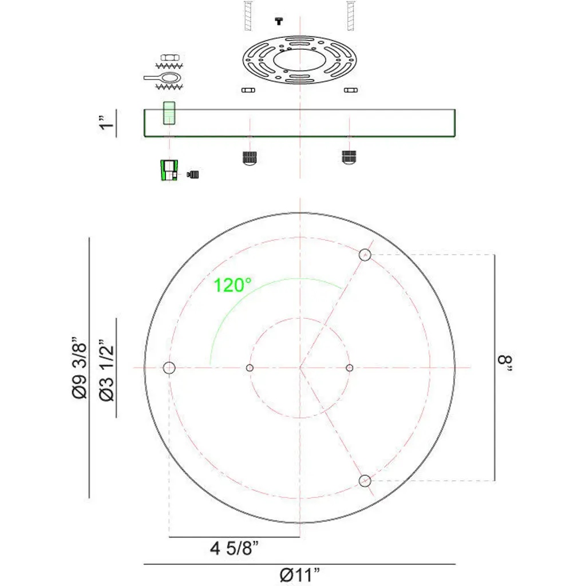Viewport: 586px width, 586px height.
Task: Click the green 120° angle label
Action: tap(232, 285)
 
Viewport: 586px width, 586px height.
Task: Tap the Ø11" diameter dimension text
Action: tap(300, 575)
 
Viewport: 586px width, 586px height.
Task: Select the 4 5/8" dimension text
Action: tap(234, 548)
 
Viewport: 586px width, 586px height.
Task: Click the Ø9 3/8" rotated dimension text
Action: tap(80, 368)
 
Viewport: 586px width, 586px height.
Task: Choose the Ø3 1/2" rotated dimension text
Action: tap(106, 371)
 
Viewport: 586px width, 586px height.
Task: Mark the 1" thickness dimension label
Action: tap(106, 122)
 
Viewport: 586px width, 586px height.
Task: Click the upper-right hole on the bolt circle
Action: tap(365, 255)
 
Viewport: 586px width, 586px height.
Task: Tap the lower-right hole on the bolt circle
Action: tap(365, 481)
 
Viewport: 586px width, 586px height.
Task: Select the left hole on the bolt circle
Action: tap(169, 368)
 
